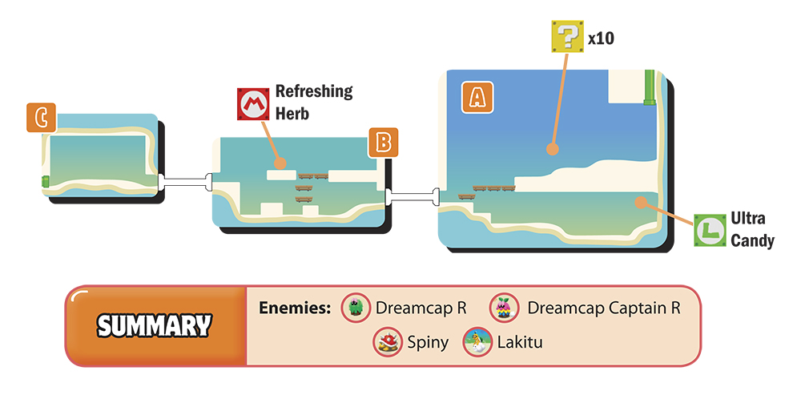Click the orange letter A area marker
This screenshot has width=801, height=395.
pyautogui.click(x=477, y=97)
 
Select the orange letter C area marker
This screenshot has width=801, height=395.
pyautogui.click(x=42, y=118)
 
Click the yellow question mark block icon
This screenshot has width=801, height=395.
pyautogui.click(x=567, y=37)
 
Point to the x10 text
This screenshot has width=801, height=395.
pyautogui.click(x=601, y=38)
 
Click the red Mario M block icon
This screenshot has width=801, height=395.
pyautogui.click(x=253, y=104)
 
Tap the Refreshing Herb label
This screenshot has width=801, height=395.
pyautogui.click(x=314, y=103)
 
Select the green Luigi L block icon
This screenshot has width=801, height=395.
pyautogui.click(x=710, y=230)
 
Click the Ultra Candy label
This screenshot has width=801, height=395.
pyautogui.click(x=752, y=230)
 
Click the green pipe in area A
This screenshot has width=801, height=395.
pyautogui.click(x=650, y=87)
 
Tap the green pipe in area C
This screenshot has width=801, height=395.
pyautogui.click(x=46, y=181)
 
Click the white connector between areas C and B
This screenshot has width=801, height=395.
pyautogui.click(x=185, y=182)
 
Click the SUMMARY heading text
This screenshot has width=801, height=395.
pyautogui.click(x=154, y=326)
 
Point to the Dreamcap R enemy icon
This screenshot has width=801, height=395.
pyautogui.click(x=356, y=308)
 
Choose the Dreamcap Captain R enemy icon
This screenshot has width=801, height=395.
pyautogui.click(x=504, y=308)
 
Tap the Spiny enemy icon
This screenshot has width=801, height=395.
pyautogui.click(x=388, y=342)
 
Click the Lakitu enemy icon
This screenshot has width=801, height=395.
pyautogui.click(x=477, y=342)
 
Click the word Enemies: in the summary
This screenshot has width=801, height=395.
pyautogui.click(x=295, y=308)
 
